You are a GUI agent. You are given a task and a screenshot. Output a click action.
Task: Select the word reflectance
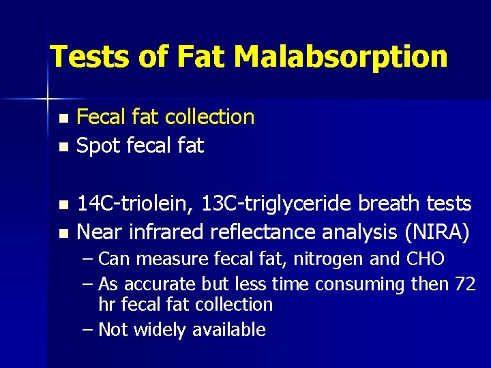pyautogui.click(x=271, y=232)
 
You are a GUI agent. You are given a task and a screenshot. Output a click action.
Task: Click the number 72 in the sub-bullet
pyautogui.click(x=464, y=283)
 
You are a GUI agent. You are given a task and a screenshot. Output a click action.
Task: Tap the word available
pyautogui.click(x=228, y=330)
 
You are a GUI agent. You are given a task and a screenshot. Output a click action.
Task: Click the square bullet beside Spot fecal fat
pyautogui.click(x=63, y=147)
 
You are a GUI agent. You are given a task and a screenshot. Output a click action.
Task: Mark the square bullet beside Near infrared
pyautogui.click(x=63, y=234)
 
